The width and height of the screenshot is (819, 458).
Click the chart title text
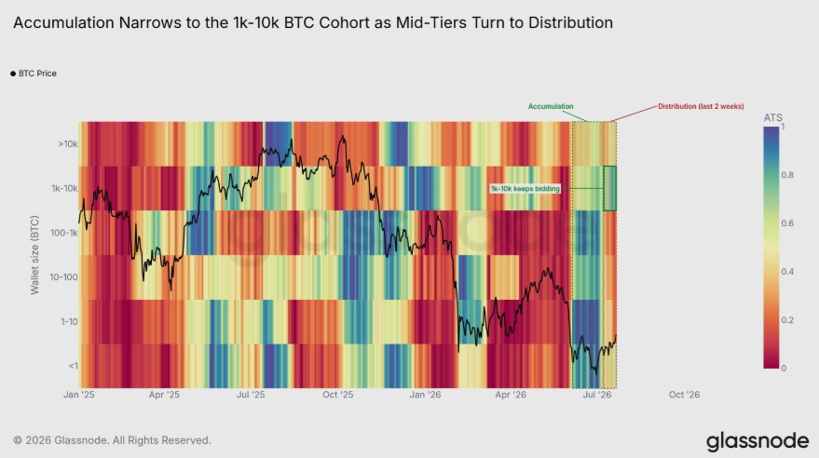point(313,23)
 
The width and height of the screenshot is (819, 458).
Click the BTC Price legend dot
point(13,74)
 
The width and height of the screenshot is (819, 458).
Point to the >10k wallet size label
point(68,144)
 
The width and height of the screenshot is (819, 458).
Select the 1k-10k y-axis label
point(64,188)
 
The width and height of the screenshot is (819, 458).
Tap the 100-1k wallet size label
point(63,233)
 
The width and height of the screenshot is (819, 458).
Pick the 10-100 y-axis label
point(63,277)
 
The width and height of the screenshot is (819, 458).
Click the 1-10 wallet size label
point(69,322)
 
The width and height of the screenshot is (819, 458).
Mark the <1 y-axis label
point(73,366)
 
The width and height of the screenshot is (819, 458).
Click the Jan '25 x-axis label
point(79,395)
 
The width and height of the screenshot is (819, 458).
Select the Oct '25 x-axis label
point(338,395)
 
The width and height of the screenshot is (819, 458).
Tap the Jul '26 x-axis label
point(597,395)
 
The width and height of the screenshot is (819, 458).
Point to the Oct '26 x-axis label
point(684,395)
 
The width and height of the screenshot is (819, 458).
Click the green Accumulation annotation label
point(551,106)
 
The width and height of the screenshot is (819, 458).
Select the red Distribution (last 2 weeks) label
point(701,106)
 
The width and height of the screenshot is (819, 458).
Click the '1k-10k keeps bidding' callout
point(525,188)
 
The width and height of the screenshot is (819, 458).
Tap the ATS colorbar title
point(773,118)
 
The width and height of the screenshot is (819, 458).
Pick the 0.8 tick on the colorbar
point(787,175)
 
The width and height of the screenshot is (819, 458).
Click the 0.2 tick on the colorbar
point(787,320)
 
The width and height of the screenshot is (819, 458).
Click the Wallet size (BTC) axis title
point(34,255)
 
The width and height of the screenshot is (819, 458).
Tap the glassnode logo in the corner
point(758,441)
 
